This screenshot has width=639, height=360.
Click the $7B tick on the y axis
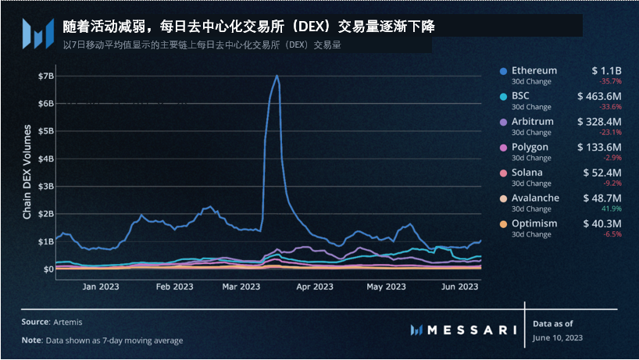pos(45,76)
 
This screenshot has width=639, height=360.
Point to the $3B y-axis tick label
pos(45,186)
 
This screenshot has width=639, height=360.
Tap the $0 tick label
pos(48,269)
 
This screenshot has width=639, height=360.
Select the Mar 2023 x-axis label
pos(241,287)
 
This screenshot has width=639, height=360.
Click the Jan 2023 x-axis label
pos(100,287)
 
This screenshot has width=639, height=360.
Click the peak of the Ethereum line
pos(277,76)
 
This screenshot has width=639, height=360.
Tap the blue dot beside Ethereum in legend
pos(504,71)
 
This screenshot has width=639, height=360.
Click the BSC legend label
pos(521,97)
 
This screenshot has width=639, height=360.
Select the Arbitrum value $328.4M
pos(599,122)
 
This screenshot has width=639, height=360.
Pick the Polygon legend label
pos(530,147)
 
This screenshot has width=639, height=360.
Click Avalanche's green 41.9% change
pos(610,209)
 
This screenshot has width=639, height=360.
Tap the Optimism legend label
pos(534,223)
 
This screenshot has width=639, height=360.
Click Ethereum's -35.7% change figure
pos(609,81)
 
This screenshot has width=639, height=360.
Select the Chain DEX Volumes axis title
pos(27,172)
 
